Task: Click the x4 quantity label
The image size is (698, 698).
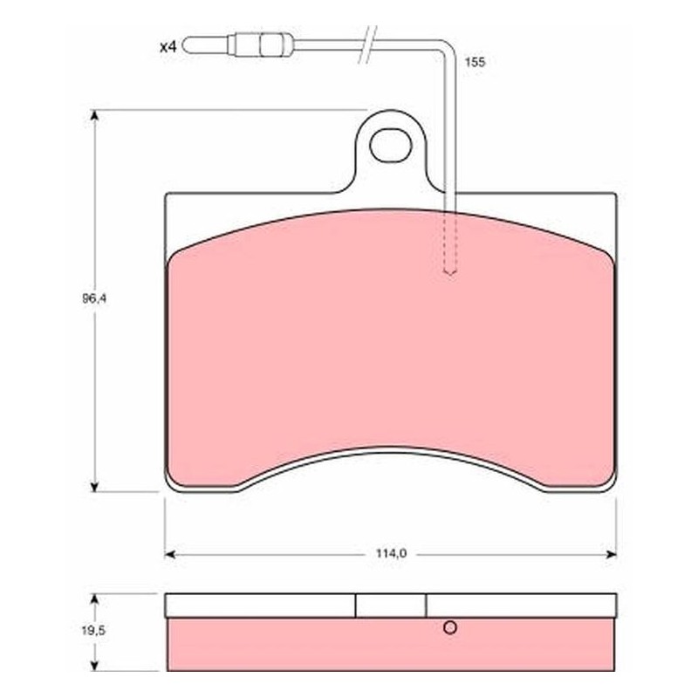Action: coord(168,47)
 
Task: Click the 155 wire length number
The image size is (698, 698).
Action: coord(475,62)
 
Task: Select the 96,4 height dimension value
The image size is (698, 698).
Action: coord(94,298)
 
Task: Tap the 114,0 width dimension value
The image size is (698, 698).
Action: coord(391,554)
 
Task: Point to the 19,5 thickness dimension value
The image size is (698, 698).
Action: coord(94,631)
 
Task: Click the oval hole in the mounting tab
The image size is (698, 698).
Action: coord(390,146)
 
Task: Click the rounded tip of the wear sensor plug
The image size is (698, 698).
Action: coord(187,45)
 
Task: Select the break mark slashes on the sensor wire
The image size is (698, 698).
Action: coord(367,44)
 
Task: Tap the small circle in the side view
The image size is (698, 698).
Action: coord(450,627)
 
